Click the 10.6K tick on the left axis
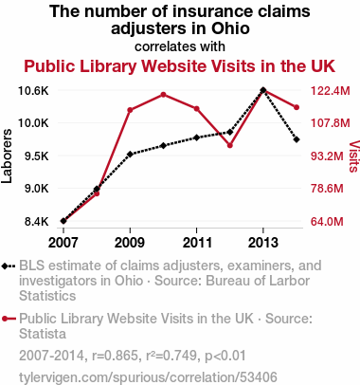[33, 91]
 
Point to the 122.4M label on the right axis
[331, 91]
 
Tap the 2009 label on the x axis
[130, 243]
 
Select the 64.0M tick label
[327, 222]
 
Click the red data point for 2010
[163, 95]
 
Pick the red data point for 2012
[230, 145]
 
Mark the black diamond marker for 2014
[297, 139]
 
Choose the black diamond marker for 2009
[130, 155]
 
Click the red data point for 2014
[297, 107]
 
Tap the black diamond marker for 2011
[196, 137]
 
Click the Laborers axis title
[7, 156]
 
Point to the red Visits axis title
[354, 156]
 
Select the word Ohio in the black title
[230, 28]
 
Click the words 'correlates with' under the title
[180, 46]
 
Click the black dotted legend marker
[9, 266]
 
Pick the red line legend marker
[9, 319]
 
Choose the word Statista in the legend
[43, 334]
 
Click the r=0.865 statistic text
[116, 356]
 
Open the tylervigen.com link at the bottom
[148, 377]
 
